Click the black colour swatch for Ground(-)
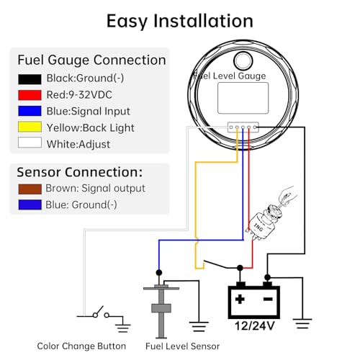click(x=30, y=79)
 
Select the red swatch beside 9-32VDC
click(x=30, y=95)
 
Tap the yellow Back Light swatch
click(x=30, y=127)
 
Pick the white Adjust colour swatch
click(x=30, y=143)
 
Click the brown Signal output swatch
click(x=30, y=189)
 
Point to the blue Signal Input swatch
click(x=30, y=111)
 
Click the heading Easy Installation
click(x=180, y=21)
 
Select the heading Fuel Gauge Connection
click(x=91, y=60)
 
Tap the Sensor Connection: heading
click(x=80, y=172)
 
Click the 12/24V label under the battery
click(x=254, y=326)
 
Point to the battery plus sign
click(x=240, y=299)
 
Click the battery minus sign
click(x=268, y=299)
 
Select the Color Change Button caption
click(x=81, y=346)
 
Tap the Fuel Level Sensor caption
click(x=182, y=346)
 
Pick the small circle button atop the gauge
click(x=243, y=60)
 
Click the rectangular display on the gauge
click(x=243, y=98)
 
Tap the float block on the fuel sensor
click(x=161, y=308)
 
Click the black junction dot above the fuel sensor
click(x=159, y=273)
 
